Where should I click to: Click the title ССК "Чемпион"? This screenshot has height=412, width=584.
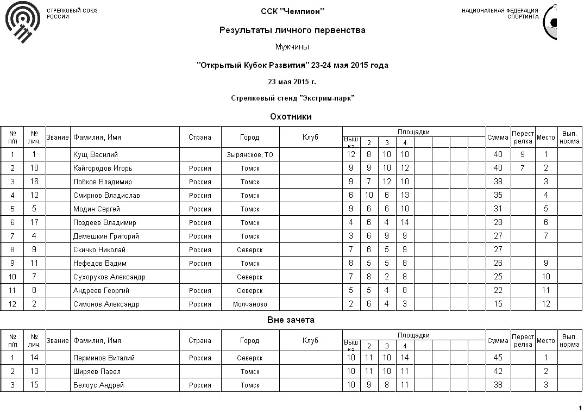point(292,11)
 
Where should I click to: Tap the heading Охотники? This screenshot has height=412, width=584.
point(291,116)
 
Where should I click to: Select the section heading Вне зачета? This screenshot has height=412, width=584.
point(291,320)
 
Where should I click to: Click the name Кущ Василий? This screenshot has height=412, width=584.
point(96,155)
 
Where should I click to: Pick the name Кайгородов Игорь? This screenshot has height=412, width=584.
point(103,168)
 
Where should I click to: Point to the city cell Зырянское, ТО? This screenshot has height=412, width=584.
point(250,155)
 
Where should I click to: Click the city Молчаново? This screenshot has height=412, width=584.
point(250,304)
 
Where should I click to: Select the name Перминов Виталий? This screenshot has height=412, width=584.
point(104,358)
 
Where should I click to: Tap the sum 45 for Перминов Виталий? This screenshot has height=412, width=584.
point(498,358)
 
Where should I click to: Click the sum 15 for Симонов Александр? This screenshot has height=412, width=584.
point(498,304)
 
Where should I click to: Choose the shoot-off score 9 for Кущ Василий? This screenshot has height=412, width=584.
point(522,155)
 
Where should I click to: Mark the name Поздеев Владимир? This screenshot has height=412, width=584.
point(105,223)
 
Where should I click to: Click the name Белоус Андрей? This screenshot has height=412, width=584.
point(98,385)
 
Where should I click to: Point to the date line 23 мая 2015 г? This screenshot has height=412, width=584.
point(292,82)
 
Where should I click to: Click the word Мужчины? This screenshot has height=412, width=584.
point(292,47)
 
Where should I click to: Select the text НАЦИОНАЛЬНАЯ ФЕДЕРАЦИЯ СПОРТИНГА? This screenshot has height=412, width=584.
point(500,14)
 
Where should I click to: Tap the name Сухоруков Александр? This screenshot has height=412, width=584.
point(109,277)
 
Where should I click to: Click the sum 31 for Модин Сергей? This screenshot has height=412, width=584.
point(498,209)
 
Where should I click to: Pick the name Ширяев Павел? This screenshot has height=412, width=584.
point(97,372)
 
